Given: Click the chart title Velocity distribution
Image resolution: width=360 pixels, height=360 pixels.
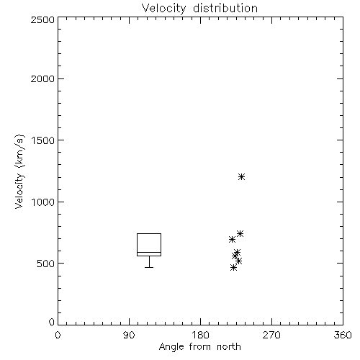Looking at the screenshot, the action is click(x=199, y=9).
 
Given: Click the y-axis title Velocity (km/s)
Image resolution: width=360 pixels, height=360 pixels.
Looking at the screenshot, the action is click(x=19, y=171).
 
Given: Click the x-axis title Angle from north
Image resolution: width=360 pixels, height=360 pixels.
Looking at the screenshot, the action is click(x=199, y=347).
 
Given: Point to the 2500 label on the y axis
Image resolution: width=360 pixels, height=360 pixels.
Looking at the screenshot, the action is click(x=42, y=19).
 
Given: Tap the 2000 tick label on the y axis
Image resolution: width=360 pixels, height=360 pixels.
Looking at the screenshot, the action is click(x=42, y=78).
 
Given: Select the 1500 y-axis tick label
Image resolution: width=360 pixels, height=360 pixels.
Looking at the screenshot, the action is click(x=43, y=140).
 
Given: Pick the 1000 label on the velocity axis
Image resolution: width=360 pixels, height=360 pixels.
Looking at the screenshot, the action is click(x=43, y=202).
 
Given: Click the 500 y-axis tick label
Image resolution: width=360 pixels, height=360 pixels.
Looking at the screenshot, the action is click(x=46, y=264).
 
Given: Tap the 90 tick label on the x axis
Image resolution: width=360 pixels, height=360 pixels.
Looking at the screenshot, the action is click(x=129, y=336).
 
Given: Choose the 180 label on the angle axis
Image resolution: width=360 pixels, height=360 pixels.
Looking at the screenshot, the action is click(x=200, y=336).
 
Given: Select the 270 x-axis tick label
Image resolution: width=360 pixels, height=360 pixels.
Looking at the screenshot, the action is click(x=271, y=336).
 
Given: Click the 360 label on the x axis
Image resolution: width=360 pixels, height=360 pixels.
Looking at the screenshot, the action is click(x=343, y=336).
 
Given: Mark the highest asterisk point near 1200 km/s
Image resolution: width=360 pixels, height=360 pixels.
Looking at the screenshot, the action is click(x=241, y=177).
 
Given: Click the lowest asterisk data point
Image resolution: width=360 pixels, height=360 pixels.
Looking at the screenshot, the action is click(x=233, y=268).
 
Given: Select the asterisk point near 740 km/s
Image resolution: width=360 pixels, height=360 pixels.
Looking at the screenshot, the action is click(x=240, y=233).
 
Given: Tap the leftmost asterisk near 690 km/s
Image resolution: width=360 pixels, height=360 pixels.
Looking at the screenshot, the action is click(x=232, y=239).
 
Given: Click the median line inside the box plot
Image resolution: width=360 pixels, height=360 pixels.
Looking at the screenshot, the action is click(x=149, y=252).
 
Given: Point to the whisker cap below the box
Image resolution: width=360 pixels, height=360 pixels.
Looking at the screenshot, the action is click(x=149, y=267).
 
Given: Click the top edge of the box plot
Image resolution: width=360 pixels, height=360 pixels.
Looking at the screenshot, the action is click(x=149, y=233).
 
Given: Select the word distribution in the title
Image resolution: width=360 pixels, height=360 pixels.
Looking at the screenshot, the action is click(x=225, y=9).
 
